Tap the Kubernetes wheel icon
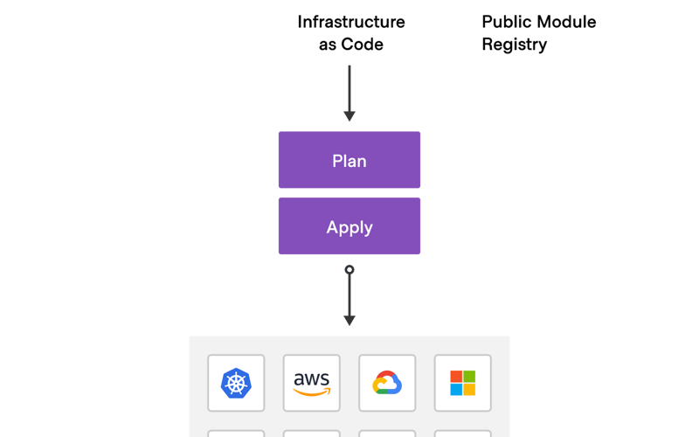tap(236, 383)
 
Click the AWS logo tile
tap(312, 383)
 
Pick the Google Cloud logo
tap(387, 383)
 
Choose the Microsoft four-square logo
tap(463, 383)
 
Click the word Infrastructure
tap(350, 22)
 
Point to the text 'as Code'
tap(350, 44)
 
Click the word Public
tap(505, 22)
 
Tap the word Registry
tap(514, 44)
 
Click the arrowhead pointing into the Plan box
tap(349, 116)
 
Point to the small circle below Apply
tap(349, 270)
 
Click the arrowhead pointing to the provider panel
tap(349, 320)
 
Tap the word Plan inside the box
tap(349, 161)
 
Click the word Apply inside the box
tap(349, 227)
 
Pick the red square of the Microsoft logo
tap(456, 376)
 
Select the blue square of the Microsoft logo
tap(456, 389)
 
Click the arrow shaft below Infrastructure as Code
tap(349, 87)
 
